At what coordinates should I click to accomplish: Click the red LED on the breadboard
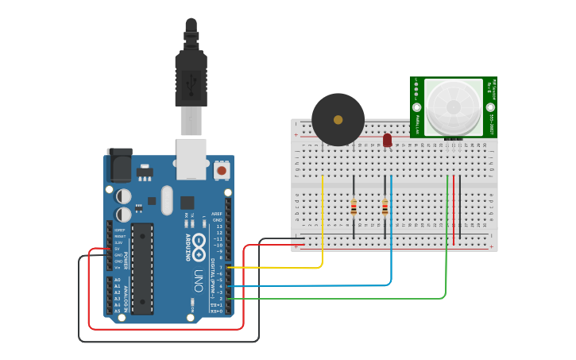click(387, 140)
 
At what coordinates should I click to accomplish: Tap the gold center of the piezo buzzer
click(338, 119)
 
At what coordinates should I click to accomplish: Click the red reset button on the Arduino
click(222, 170)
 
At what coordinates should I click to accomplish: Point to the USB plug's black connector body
click(191, 79)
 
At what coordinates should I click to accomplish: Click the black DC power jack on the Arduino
click(119, 167)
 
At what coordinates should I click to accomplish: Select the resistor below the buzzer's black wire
click(354, 208)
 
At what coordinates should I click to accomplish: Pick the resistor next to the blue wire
click(385, 208)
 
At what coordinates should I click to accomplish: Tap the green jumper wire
click(446, 254)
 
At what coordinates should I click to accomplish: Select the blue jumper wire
click(391, 238)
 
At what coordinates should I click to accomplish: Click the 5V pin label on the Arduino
click(117, 249)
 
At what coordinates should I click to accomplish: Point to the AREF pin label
click(217, 214)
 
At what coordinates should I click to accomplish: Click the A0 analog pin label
click(118, 280)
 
